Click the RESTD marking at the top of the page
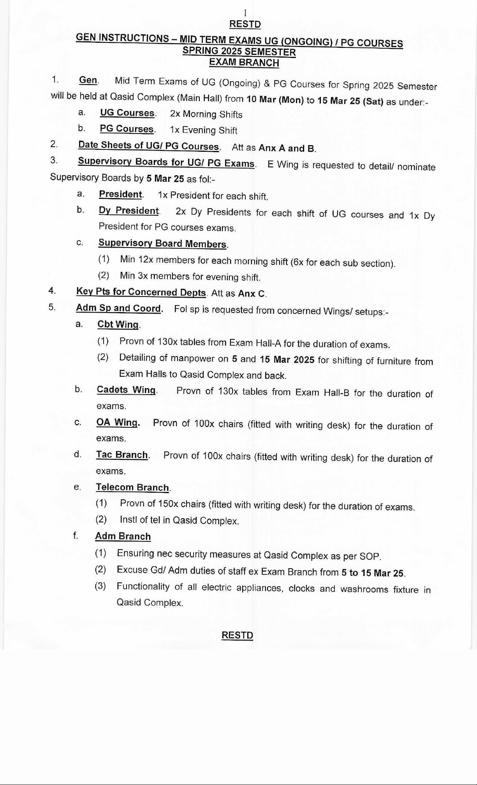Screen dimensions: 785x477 [245, 24]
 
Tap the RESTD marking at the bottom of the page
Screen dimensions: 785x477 [237, 635]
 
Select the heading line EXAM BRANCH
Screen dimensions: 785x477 [244, 63]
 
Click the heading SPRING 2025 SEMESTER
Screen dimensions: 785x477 [239, 52]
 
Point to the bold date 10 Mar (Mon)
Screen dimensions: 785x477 [275, 100]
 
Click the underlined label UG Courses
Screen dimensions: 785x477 [127, 113]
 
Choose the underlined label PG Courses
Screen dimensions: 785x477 [127, 129]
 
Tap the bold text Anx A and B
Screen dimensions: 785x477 [287, 148]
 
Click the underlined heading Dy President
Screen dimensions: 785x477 [129, 211]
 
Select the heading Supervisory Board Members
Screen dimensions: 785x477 [162, 244]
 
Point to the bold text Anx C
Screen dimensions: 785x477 [252, 293]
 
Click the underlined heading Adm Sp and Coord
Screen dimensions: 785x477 [119, 308]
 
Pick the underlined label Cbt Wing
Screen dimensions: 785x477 [118, 325]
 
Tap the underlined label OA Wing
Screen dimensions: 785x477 [117, 423]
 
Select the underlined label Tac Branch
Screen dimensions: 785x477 [122, 455]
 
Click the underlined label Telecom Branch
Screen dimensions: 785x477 [132, 487]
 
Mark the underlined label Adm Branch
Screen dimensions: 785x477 [123, 536]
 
